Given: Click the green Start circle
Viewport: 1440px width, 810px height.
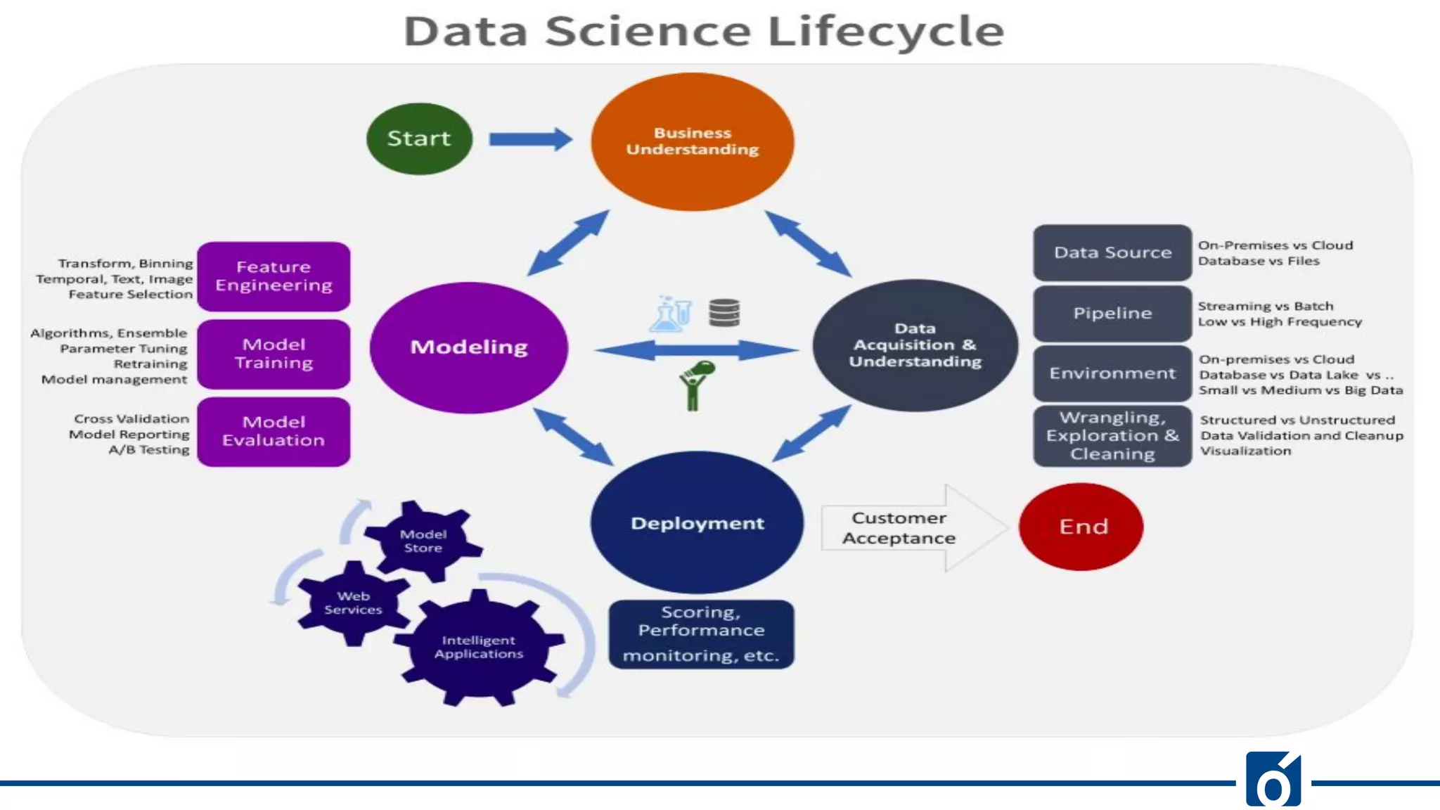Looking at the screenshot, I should tap(419, 139).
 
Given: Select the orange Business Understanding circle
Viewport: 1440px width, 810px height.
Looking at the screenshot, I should tap(693, 141).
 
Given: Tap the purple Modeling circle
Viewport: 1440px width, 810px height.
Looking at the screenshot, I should tap(469, 347).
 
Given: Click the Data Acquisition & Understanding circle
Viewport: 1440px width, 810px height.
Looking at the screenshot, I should tap(915, 345).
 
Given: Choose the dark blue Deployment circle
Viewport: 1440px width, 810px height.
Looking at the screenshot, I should tap(697, 523).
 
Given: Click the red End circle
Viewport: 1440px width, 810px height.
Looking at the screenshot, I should tap(1081, 527).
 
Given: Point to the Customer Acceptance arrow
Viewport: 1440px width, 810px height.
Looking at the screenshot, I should tap(907, 528).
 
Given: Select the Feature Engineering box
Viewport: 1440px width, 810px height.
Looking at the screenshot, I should tap(274, 276).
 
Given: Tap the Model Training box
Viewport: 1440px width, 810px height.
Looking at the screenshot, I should tap(274, 354).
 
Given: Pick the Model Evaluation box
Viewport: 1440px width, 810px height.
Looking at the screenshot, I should tap(274, 431).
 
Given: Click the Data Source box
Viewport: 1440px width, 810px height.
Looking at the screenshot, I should tap(1112, 252).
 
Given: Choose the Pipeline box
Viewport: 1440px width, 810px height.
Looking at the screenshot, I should tap(1112, 313).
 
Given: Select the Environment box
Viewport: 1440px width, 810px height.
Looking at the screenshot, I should tap(1112, 373).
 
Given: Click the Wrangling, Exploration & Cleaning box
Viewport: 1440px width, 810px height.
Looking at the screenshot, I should tap(1112, 436).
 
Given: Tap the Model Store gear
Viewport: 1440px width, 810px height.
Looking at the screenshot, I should tap(423, 541).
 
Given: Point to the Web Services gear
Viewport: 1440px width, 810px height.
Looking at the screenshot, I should tap(353, 603).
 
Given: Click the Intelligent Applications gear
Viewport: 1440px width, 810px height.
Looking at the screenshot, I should tap(479, 647).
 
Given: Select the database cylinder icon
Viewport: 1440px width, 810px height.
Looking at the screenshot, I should tap(724, 313).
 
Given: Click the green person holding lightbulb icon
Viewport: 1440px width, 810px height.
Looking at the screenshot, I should tap(695, 385).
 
